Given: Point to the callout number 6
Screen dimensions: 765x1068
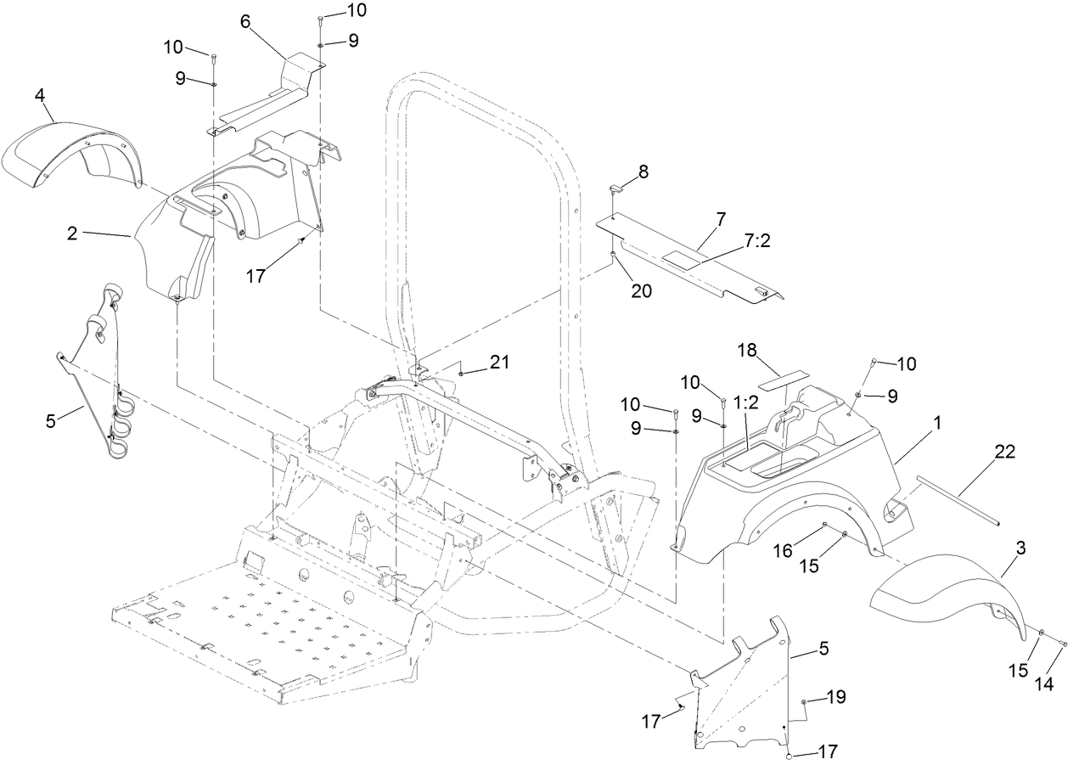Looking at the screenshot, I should coord(245,22).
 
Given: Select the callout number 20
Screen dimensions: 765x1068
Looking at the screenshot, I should coord(642,290).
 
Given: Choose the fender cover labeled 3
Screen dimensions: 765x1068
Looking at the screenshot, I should coord(934,594).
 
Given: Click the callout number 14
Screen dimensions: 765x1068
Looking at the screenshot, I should coord(1044,683).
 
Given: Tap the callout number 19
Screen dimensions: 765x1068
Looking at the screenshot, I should coord(835,697).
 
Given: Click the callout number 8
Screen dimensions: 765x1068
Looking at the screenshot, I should coord(643,171).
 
